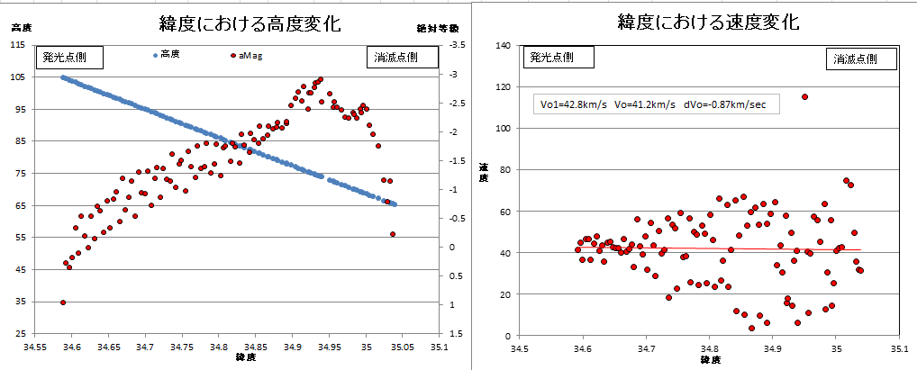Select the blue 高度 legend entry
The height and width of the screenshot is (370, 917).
(x=167, y=54)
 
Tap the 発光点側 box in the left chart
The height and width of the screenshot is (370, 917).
(x=68, y=57)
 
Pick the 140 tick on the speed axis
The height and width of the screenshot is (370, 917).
(x=505, y=45)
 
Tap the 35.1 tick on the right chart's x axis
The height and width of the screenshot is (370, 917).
(x=899, y=346)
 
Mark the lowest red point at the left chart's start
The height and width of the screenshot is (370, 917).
(x=62, y=302)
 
